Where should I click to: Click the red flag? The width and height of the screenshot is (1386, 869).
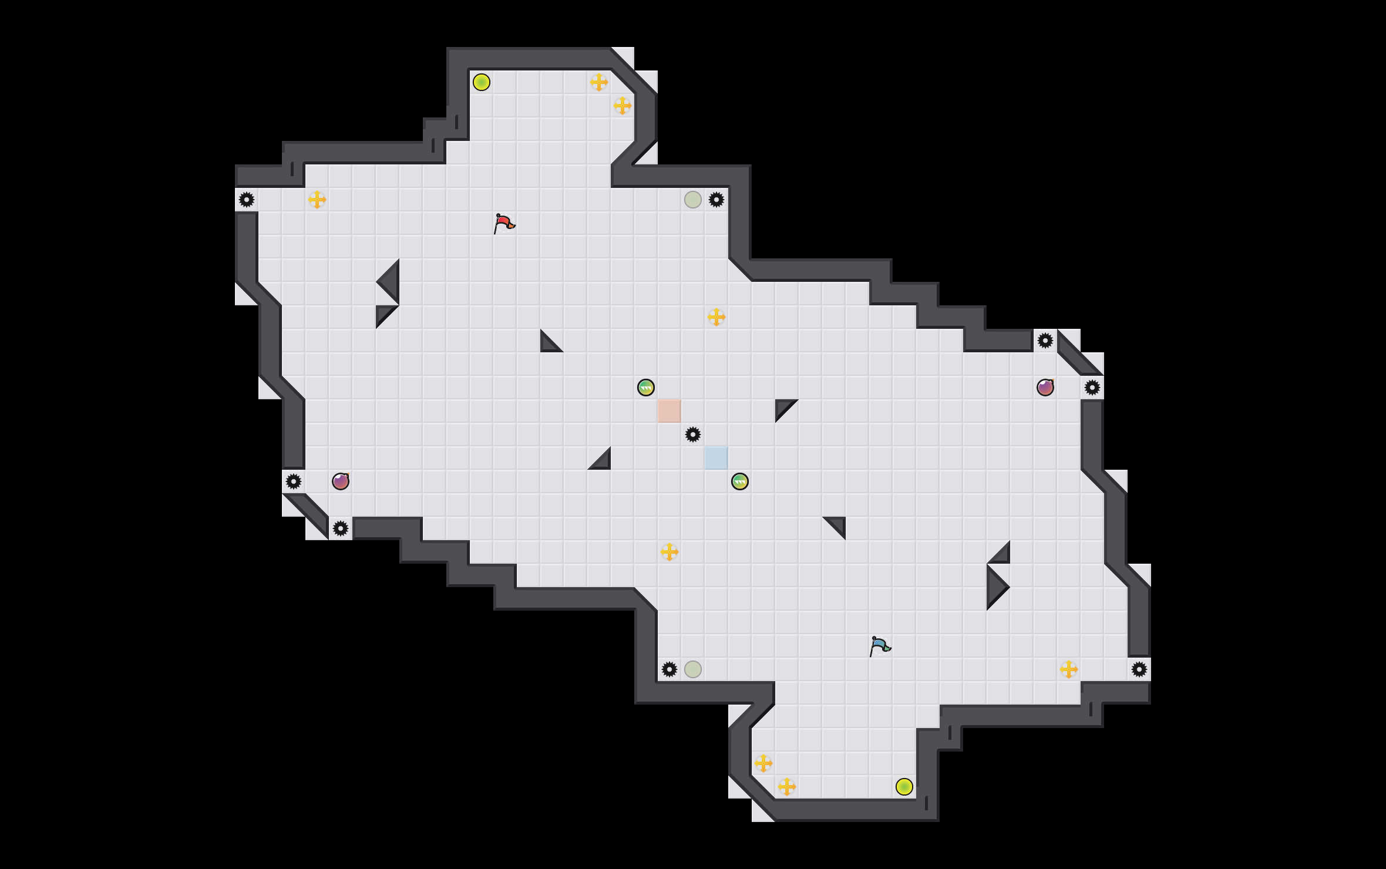coord(504,223)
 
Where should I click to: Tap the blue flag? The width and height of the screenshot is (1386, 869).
coord(880,646)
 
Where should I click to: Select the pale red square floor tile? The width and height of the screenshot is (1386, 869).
coord(669,410)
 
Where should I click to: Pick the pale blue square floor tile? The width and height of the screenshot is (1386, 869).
coord(716,457)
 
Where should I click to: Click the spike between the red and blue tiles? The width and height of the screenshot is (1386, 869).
coord(693,435)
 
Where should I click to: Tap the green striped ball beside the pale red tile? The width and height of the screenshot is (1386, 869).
coord(646,388)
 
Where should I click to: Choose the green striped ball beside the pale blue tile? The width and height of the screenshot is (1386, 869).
coord(740,481)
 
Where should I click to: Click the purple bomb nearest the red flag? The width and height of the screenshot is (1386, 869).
coord(341,481)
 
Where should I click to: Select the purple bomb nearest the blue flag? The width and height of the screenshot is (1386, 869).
coord(1045,388)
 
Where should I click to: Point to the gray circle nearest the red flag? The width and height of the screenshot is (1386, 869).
coord(693,200)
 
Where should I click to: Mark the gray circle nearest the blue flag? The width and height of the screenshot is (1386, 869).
coord(693,669)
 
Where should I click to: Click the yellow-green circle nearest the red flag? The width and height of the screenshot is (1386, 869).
coord(482,82)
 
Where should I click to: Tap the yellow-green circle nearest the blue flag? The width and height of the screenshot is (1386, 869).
coord(904,787)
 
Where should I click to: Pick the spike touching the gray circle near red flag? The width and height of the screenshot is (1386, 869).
coord(716,200)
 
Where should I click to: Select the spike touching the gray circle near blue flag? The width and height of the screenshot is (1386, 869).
coord(670,669)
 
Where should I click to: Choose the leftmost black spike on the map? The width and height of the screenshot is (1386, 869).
coord(247,200)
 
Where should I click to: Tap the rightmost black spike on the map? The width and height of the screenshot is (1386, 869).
coord(1139,669)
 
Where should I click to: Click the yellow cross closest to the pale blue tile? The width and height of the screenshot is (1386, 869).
coord(670,552)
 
